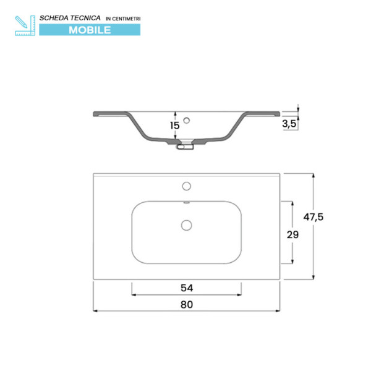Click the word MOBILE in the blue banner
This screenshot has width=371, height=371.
(x=90, y=29)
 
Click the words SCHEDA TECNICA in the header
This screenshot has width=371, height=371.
(x=70, y=18)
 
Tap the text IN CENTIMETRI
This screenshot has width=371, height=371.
(x=123, y=19)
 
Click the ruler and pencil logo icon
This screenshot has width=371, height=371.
(x=23, y=24)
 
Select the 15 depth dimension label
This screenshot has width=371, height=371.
(x=175, y=126)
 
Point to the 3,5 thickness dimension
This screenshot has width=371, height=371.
(x=289, y=124)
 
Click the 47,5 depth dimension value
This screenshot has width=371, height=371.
(x=314, y=217)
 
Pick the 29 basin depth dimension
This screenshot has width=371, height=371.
(x=292, y=235)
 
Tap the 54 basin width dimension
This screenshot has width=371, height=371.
(x=186, y=288)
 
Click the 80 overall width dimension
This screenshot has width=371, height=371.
(x=187, y=304)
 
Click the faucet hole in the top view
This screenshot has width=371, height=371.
(x=186, y=185)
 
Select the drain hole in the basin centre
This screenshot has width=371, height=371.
(x=186, y=225)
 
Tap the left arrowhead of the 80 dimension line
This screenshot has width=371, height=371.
(x=96, y=310)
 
